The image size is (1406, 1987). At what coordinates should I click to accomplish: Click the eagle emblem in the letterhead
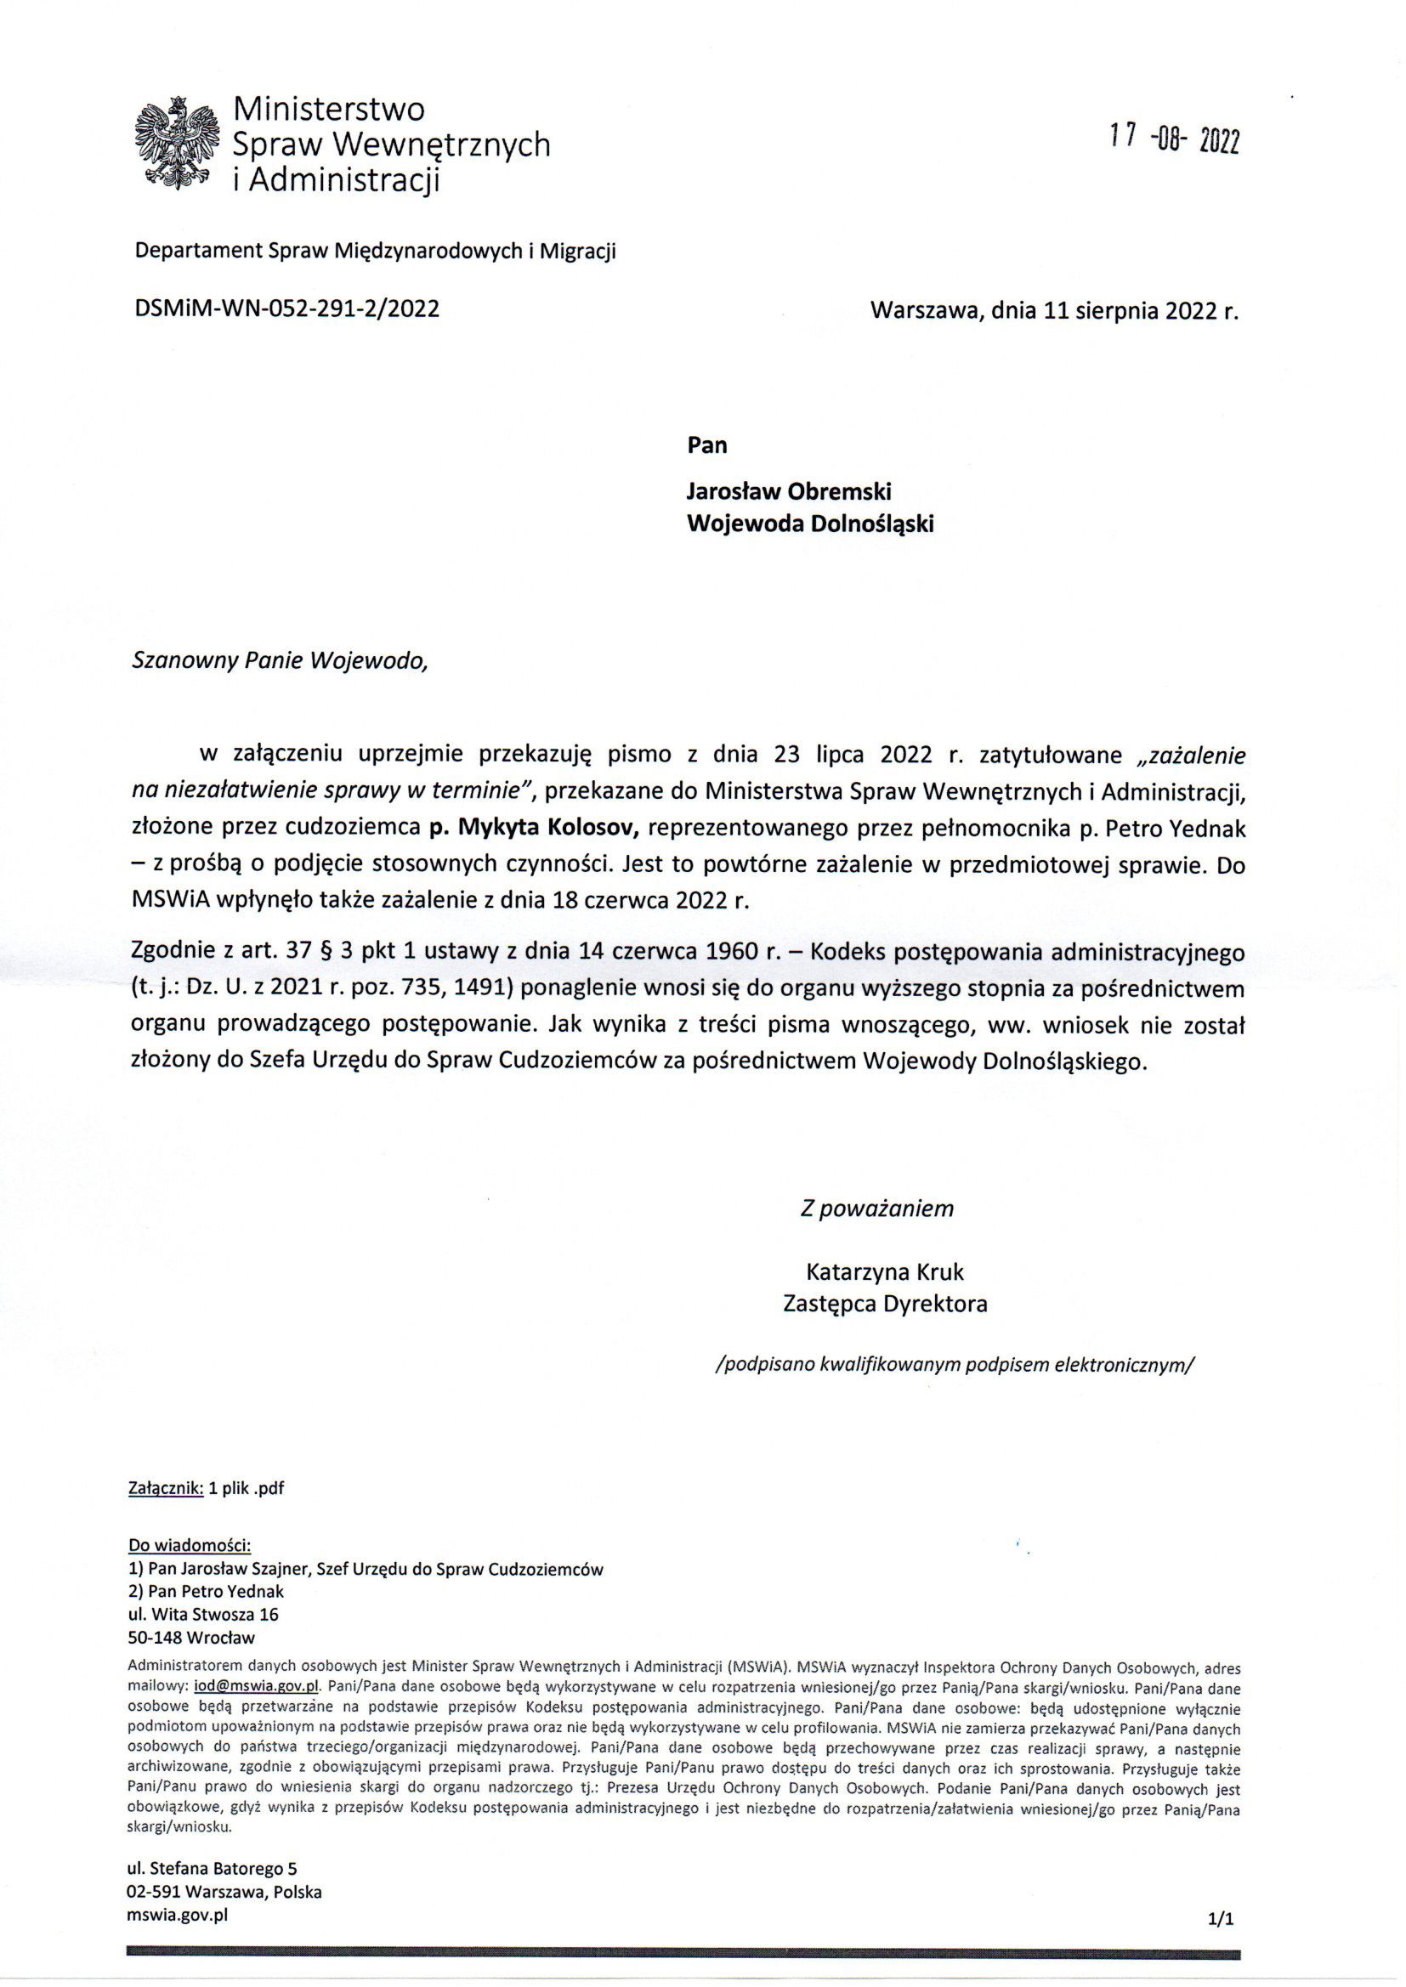click(177, 143)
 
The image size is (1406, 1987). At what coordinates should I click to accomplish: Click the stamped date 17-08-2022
click(1174, 139)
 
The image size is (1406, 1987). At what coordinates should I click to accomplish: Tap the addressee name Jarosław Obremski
click(789, 490)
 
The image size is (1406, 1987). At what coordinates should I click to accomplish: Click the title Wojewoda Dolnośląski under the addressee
click(809, 524)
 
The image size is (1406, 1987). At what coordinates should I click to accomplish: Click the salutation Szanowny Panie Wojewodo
click(280, 661)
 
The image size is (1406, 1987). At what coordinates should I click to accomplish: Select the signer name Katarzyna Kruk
click(884, 1271)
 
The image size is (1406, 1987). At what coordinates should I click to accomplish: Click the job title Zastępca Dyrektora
click(884, 1304)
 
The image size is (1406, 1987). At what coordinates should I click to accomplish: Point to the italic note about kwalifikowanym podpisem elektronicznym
click(954, 1365)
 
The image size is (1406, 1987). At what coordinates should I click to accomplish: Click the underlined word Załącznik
click(166, 1488)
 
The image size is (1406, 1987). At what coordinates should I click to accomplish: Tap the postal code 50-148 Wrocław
click(191, 1638)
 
